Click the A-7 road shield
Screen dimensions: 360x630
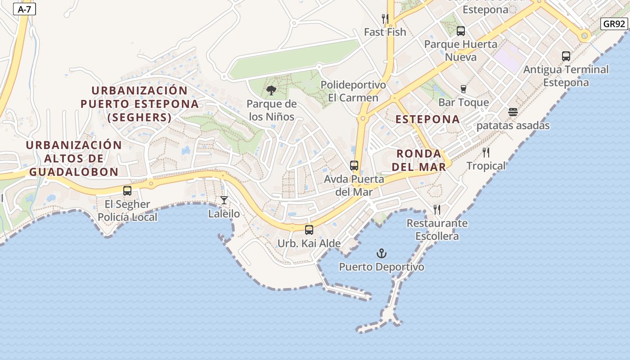coord(24,9)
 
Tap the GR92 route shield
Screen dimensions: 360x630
coord(614,24)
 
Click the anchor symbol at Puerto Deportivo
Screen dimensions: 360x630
coord(382,253)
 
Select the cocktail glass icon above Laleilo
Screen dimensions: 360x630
coord(224,200)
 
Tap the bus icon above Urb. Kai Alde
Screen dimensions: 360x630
coord(309,230)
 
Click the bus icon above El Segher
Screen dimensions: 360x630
coord(127,191)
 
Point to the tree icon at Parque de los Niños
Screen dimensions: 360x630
coord(271,91)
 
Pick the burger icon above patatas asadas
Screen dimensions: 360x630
coord(513,112)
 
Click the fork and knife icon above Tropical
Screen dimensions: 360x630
coord(486,153)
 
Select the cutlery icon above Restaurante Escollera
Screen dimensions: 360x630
coord(437,209)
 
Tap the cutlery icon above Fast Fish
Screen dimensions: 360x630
coord(385,18)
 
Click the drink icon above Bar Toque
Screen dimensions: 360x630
coord(463,89)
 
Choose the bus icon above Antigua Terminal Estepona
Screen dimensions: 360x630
coord(566,56)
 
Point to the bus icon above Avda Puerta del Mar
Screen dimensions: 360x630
coord(354,166)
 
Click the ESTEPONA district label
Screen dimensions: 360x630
coord(427,119)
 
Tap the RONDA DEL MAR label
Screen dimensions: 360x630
coord(418,160)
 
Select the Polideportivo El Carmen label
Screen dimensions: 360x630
coord(353,91)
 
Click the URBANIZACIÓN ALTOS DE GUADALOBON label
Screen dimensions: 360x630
coord(74,158)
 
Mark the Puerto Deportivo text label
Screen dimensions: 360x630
coord(382,267)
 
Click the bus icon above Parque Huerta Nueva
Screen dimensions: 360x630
coord(461,31)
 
